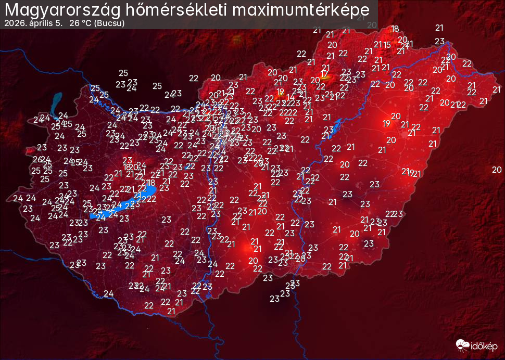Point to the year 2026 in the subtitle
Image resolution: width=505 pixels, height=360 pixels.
click(x=12, y=23)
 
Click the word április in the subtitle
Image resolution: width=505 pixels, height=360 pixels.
click(x=37, y=23)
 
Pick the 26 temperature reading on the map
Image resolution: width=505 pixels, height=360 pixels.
click(x=37, y=159)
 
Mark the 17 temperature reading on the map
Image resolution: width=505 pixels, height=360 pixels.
click(x=325, y=74)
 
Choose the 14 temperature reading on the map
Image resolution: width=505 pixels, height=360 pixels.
click(x=291, y=97)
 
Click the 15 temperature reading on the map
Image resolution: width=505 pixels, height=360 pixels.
click(x=386, y=45)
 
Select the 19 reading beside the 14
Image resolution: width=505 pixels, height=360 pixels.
click(x=281, y=92)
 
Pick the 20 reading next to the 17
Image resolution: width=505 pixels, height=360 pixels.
click(x=314, y=80)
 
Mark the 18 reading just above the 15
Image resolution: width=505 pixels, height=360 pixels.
click(x=395, y=29)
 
